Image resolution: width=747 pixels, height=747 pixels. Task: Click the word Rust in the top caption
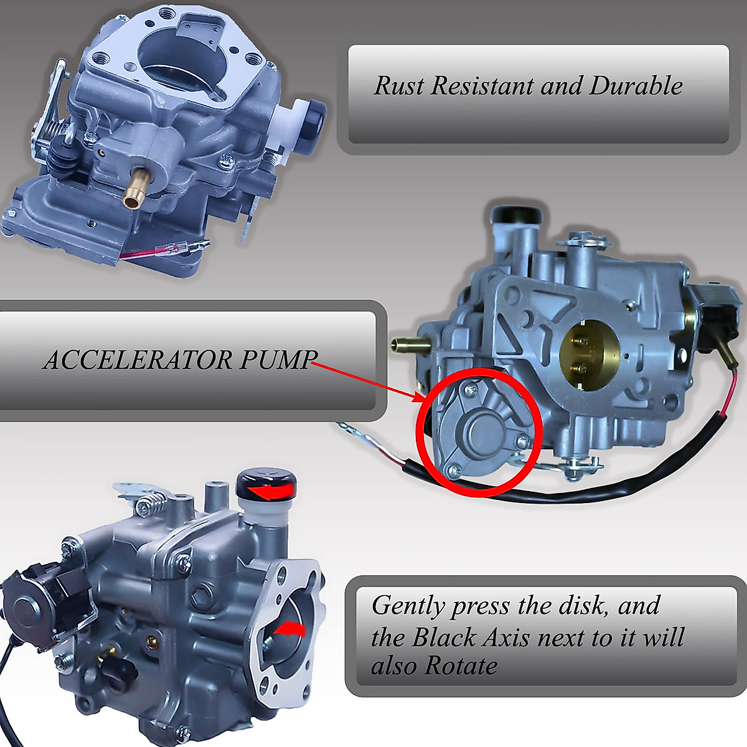click(x=398, y=86)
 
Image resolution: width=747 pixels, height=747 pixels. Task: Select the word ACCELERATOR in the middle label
click(x=137, y=360)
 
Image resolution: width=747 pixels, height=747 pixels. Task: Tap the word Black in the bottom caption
click(x=444, y=637)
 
